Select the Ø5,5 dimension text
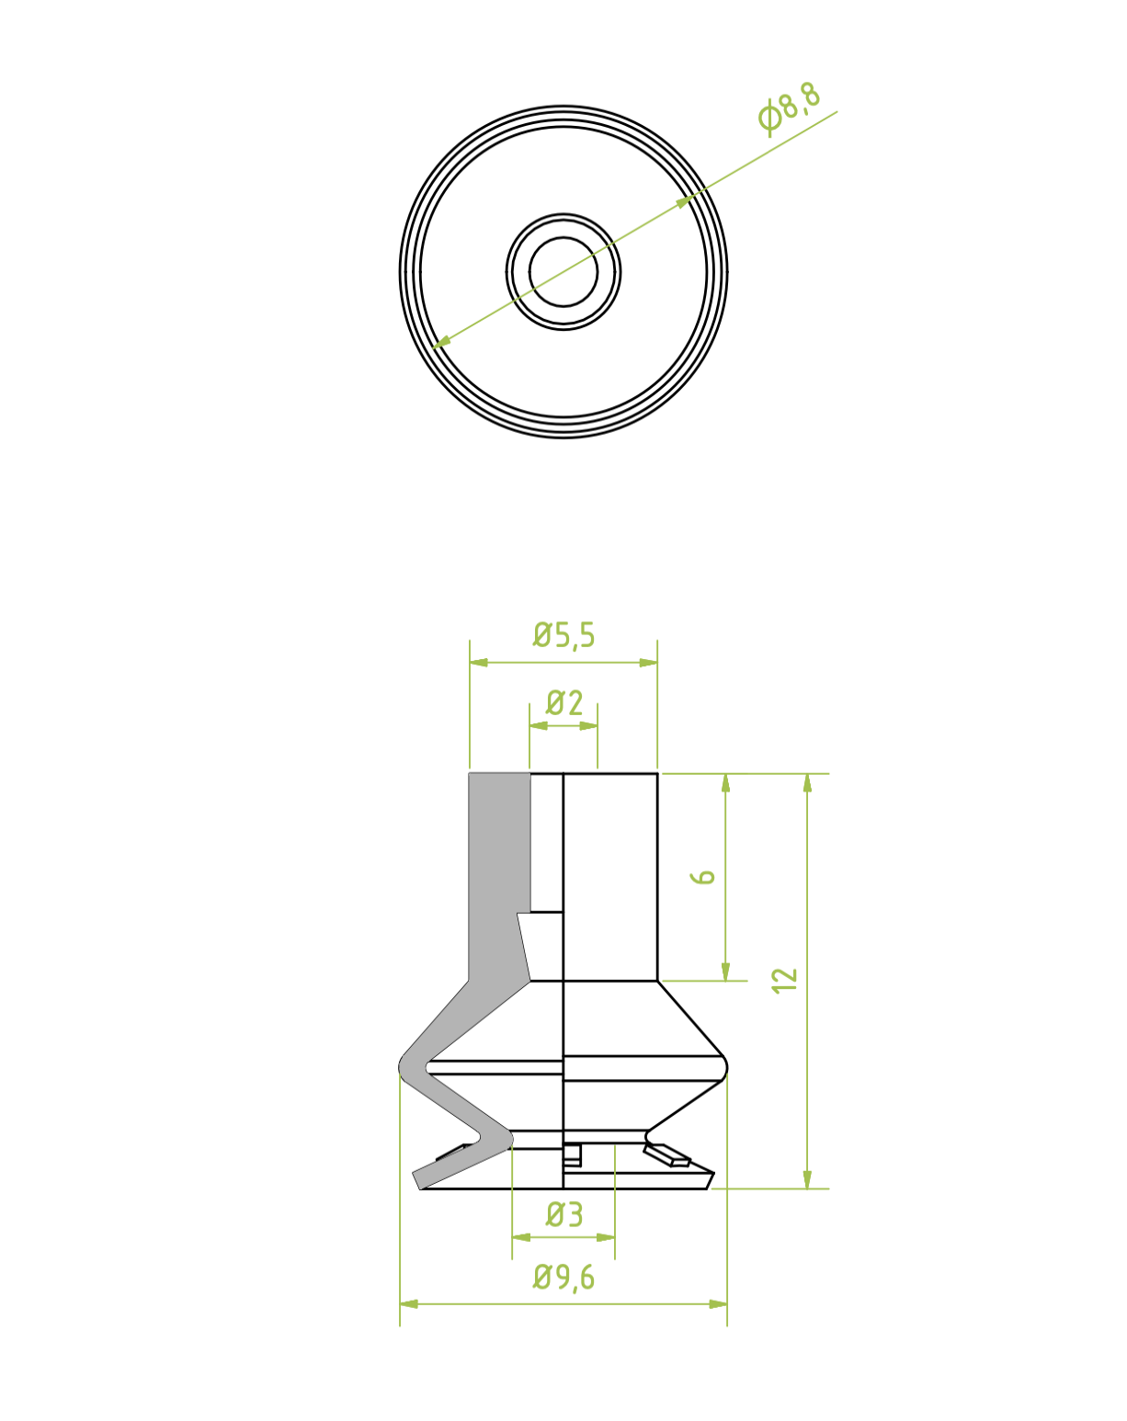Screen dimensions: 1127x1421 coord(563,635)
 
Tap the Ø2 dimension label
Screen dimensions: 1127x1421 coord(564,702)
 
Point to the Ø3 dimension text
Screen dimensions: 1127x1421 coord(564,1214)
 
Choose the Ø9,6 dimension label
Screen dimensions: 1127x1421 coord(563,1278)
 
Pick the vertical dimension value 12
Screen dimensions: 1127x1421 coord(785,981)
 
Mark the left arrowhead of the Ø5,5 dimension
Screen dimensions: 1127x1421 coord(478,663)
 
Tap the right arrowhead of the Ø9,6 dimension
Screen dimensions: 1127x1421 coord(718,1304)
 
